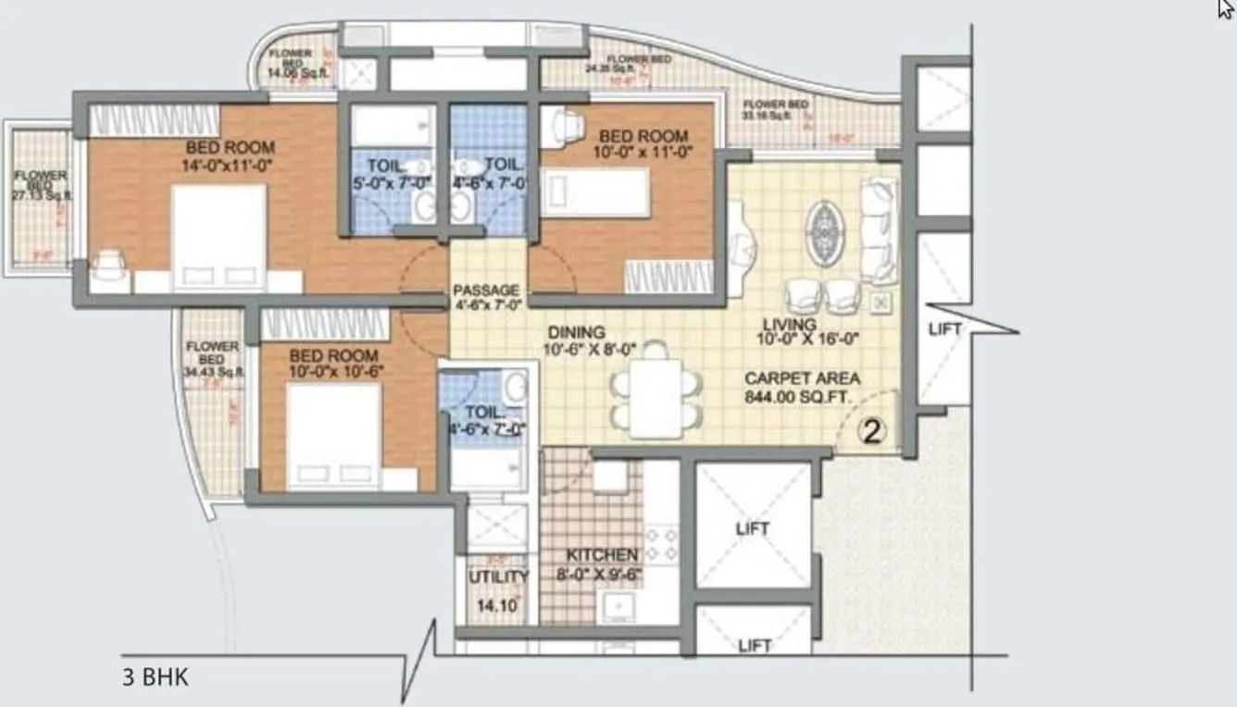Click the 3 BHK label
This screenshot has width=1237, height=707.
point(155,677)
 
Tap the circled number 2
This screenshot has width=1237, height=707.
point(870,431)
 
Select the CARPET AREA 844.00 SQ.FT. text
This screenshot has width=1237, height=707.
point(803,388)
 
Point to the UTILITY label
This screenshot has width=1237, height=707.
point(498,577)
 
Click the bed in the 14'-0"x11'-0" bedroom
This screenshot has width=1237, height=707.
point(219,237)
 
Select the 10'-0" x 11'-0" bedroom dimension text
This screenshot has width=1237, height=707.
point(643,154)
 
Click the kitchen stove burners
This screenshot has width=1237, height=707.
point(660,543)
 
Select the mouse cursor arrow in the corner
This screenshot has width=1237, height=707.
point(1227,7)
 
